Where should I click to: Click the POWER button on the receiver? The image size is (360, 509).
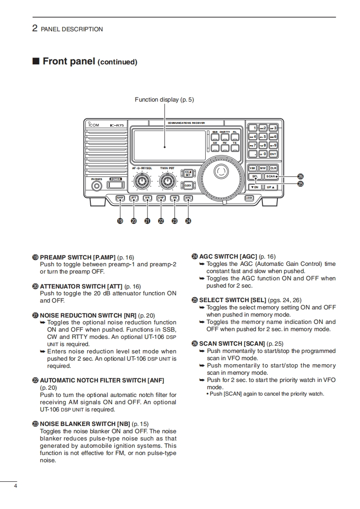[x=115, y=185]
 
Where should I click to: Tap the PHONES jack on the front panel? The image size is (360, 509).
[x=96, y=186]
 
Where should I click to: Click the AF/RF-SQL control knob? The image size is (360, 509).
[x=143, y=182]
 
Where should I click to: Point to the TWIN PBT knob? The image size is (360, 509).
[x=168, y=182]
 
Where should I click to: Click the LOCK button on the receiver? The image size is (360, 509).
[x=249, y=198]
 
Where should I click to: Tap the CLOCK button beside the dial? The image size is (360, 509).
[x=187, y=185]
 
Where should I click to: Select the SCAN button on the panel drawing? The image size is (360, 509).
[x=271, y=176]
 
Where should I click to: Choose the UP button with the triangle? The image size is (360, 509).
[x=271, y=186]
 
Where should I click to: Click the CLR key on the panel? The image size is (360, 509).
[x=273, y=168]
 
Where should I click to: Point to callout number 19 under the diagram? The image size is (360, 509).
[x=120, y=221]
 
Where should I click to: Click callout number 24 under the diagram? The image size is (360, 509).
[x=188, y=221]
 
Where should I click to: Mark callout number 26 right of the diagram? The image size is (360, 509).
[x=300, y=176]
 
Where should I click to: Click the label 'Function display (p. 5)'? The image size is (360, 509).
[x=164, y=100]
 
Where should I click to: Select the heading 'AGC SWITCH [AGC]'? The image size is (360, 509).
[x=228, y=256]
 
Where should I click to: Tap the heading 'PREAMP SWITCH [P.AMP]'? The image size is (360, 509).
[x=78, y=257]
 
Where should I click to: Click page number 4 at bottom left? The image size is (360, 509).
[x=15, y=486]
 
